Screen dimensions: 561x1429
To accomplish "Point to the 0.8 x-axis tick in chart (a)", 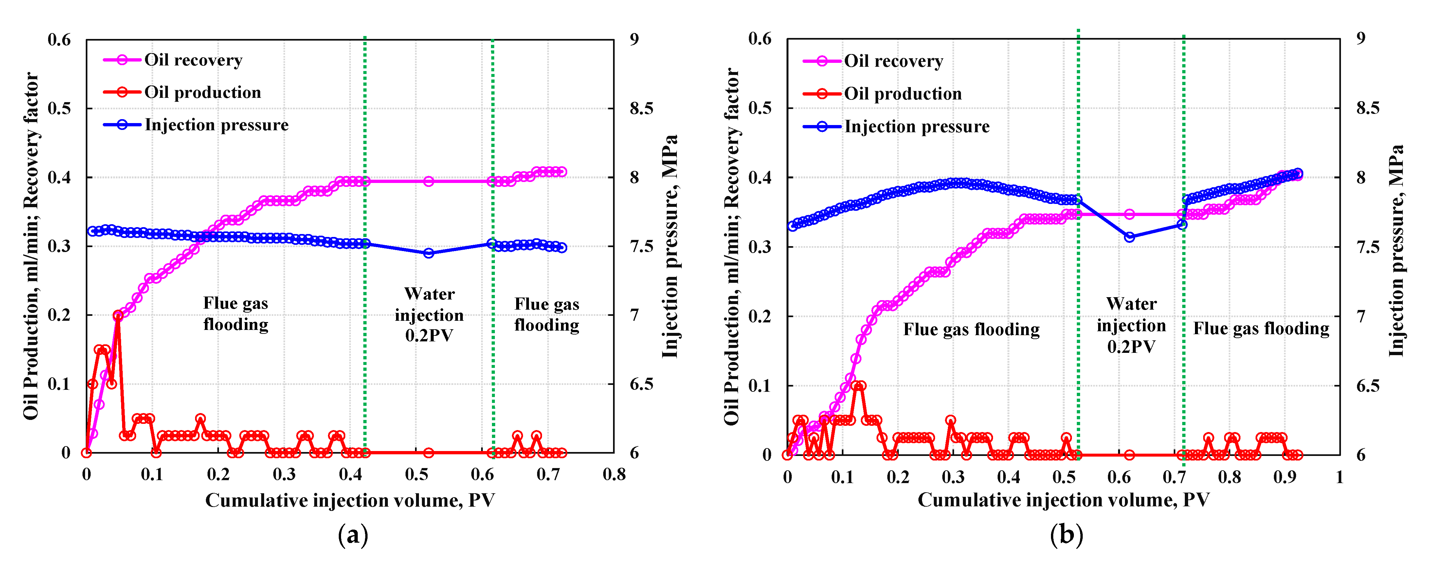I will click(x=614, y=475).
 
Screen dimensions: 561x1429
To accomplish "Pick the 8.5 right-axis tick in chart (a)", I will click(x=641, y=108).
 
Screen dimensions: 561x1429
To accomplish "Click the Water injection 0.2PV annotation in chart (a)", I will click(x=429, y=315).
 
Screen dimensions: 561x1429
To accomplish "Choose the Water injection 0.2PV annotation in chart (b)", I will click(x=1131, y=325).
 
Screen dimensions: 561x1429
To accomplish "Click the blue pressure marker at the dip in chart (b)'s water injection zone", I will click(x=1130, y=237).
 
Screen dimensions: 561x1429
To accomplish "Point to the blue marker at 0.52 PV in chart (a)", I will click(x=428, y=253).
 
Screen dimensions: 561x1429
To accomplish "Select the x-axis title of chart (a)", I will click(x=350, y=500).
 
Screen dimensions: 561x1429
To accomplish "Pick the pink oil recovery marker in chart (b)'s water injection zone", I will click(x=1130, y=214).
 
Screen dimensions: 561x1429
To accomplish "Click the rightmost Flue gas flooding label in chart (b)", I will click(x=1261, y=329).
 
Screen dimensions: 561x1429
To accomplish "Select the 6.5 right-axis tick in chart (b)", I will click(x=1367, y=386).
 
